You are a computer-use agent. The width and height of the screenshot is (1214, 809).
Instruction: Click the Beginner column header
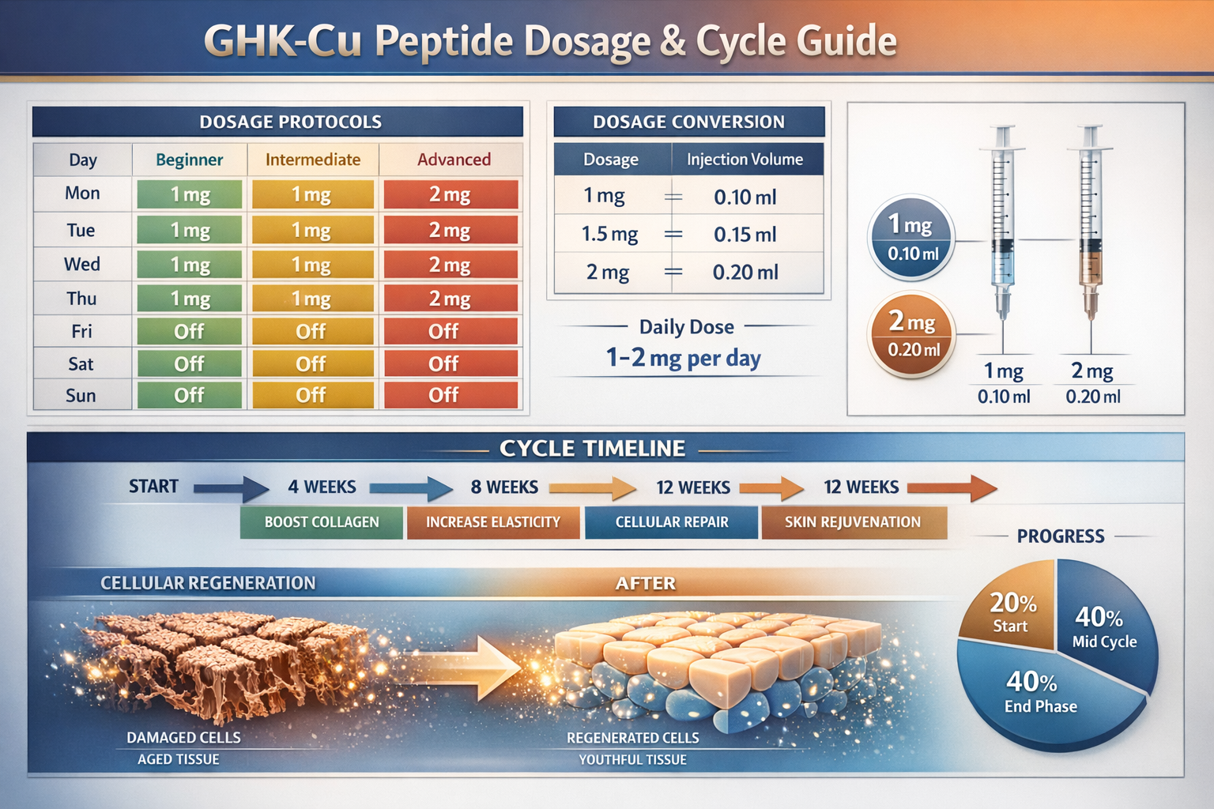coord(189,160)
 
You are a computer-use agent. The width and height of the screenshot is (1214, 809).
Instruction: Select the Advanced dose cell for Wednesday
coord(451,265)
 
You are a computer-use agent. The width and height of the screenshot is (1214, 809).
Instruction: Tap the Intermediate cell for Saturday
coord(311,363)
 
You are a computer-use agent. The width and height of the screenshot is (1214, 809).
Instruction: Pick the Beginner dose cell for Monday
coord(190,194)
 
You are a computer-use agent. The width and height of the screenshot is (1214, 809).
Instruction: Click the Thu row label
coord(81,299)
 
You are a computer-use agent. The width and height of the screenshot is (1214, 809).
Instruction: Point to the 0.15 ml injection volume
coord(745,235)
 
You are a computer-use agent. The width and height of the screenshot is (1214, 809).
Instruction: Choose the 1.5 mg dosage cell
coord(609,235)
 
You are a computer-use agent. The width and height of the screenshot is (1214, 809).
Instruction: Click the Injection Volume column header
coord(745,160)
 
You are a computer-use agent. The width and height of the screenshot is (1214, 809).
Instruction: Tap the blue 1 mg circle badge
coord(913,237)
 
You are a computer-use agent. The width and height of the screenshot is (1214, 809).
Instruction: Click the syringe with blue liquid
coord(1003,221)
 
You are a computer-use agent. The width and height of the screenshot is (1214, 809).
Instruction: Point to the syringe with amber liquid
coord(1091,221)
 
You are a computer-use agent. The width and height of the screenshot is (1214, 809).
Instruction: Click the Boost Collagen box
coord(322,522)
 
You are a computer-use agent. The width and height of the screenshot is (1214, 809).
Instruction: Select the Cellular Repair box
coord(672,522)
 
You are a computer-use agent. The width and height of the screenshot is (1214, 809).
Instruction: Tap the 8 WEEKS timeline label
coord(504,487)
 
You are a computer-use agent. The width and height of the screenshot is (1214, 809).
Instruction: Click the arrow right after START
coord(231,488)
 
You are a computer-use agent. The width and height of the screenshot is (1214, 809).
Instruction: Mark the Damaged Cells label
coord(183,737)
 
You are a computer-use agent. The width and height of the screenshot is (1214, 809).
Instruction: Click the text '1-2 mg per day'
coord(684,359)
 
